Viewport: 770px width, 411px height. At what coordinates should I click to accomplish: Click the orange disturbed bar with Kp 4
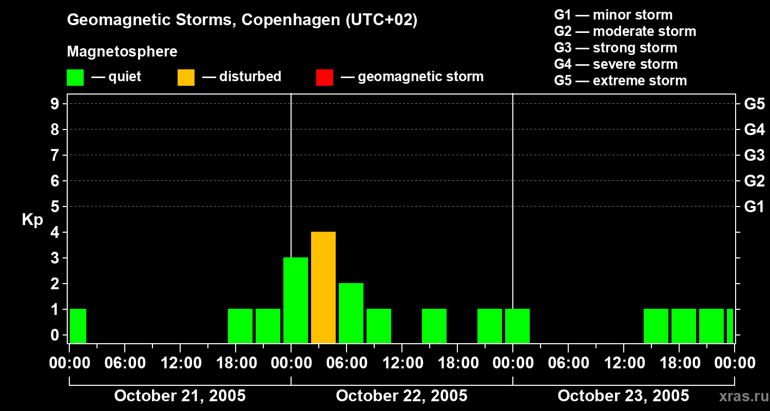(x=323, y=287)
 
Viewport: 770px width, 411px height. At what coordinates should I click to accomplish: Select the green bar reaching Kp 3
(x=296, y=300)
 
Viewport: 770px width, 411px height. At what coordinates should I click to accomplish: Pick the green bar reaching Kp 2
(x=351, y=313)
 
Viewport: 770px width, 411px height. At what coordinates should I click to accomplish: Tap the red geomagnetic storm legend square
(x=324, y=77)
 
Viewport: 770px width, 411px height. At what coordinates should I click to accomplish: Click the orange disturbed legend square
(x=186, y=77)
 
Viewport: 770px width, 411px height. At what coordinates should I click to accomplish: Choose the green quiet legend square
(x=75, y=77)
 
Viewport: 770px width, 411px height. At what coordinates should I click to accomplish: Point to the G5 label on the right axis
(x=754, y=104)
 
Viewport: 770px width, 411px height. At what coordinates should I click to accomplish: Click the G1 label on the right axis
(x=754, y=207)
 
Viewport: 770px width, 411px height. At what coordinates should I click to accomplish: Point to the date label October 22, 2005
(x=401, y=396)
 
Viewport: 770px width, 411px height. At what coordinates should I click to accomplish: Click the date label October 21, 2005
(x=180, y=396)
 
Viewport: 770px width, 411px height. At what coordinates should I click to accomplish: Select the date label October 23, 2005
(x=623, y=396)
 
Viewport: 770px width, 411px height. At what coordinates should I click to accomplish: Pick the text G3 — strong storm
(x=615, y=48)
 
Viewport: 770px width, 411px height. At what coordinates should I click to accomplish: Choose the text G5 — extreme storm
(x=620, y=81)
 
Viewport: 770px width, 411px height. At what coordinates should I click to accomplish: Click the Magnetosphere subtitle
(x=122, y=52)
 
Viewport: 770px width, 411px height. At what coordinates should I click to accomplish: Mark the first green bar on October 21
(x=78, y=326)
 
